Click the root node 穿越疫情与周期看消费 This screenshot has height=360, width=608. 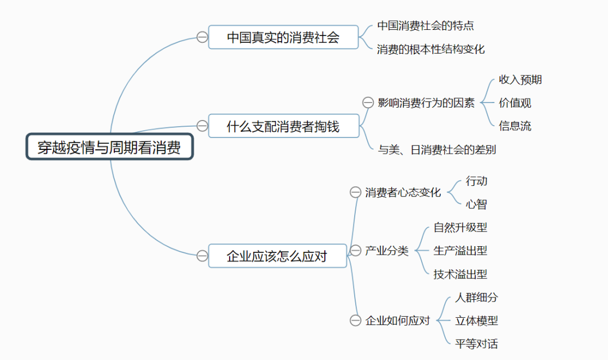[x=110, y=147]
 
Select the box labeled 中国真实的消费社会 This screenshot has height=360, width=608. [x=283, y=37]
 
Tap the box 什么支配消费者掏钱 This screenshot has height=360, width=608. [x=283, y=126]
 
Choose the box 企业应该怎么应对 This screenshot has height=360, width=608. [x=278, y=256]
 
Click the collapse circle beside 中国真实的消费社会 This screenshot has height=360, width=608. [x=202, y=37]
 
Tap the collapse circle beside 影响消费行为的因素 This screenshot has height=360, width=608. [x=368, y=103]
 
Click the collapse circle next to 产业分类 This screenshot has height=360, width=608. [x=355, y=251]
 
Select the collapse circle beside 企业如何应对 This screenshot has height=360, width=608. [x=355, y=321]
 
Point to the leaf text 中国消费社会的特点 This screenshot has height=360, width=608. [x=429, y=25]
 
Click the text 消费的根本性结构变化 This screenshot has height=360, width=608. [x=431, y=49]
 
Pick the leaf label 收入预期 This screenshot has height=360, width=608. [x=520, y=79]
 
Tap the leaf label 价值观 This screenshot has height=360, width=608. [x=515, y=103]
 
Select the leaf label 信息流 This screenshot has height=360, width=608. [x=515, y=126]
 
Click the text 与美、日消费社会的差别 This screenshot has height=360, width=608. [x=437, y=149]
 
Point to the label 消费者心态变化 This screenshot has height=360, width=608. [x=403, y=192]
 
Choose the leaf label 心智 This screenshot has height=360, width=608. [x=476, y=204]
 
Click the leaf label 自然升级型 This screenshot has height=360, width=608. [x=460, y=227]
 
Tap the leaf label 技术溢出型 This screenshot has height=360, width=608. [x=460, y=274]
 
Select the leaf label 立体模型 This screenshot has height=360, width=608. [x=476, y=321]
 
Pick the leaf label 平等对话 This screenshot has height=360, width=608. [x=476, y=344]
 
